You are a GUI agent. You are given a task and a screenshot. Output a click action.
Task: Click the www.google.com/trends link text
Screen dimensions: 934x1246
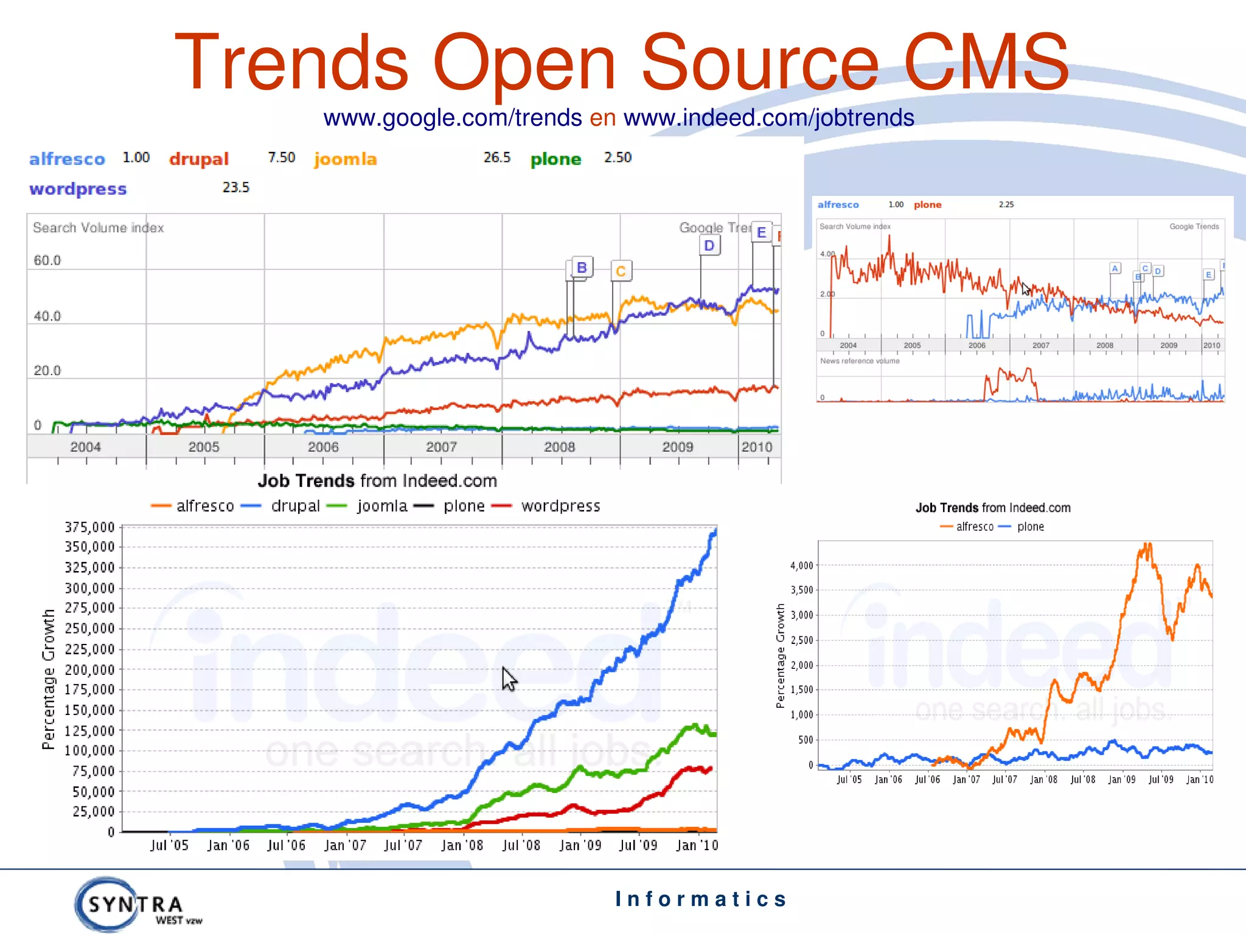coord(452,117)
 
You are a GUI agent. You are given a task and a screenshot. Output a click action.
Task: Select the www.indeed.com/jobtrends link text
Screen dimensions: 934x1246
coord(768,117)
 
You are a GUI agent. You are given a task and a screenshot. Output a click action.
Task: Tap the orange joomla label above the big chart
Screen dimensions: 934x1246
coord(346,159)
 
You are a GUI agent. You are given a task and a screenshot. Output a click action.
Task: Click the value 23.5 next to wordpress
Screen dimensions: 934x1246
coord(235,187)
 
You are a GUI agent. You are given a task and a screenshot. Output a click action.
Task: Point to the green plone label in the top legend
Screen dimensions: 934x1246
coord(555,159)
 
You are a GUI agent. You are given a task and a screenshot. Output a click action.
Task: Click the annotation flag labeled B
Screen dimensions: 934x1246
coord(582,268)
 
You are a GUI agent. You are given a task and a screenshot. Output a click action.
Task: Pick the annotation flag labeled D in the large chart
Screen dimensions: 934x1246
coord(709,246)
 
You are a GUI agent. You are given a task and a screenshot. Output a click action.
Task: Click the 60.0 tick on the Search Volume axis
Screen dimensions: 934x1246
coord(47,260)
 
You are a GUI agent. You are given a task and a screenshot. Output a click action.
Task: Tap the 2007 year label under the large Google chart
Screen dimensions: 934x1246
coord(441,447)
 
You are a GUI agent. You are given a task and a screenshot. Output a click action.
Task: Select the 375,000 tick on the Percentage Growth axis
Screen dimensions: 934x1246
coord(89,527)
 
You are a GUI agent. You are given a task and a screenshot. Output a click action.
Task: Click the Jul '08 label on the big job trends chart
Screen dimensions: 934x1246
coord(521,845)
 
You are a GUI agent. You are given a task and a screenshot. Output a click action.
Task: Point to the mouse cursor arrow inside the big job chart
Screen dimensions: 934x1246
coord(509,678)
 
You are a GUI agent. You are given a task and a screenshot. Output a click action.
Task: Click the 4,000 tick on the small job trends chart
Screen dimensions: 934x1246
coord(801,566)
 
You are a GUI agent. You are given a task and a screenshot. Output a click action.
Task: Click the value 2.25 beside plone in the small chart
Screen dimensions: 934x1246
coord(1006,204)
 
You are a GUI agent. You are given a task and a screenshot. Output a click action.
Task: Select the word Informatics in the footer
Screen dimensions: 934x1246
coord(701,899)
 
